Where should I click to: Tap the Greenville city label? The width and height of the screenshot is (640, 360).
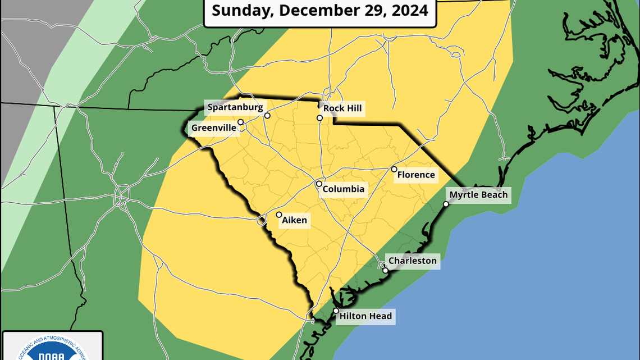pyautogui.click(x=213, y=128)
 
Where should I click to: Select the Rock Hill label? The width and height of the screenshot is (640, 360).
pyautogui.click(x=343, y=108)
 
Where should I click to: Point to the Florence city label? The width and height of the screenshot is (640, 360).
pyautogui.click(x=416, y=175)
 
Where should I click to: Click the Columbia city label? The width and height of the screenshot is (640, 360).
pyautogui.click(x=344, y=189)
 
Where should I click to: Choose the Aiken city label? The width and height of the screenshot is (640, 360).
pyautogui.click(x=295, y=220)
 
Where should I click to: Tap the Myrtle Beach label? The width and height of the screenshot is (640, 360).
pyautogui.click(x=478, y=195)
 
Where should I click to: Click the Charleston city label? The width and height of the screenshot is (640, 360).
pyautogui.click(x=413, y=261)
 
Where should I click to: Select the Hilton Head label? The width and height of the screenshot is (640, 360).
pyautogui.click(x=365, y=316)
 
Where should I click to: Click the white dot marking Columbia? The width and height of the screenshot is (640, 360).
pyautogui.click(x=319, y=184)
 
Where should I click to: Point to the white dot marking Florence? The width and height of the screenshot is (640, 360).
pyautogui.click(x=394, y=169)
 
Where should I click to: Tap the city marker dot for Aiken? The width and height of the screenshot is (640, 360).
pyautogui.click(x=279, y=215)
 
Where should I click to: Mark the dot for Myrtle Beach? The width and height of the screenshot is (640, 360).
pyautogui.click(x=446, y=204)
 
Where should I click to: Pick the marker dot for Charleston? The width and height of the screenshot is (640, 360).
pyautogui.click(x=386, y=271)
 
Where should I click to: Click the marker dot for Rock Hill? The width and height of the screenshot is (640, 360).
pyautogui.click(x=319, y=118)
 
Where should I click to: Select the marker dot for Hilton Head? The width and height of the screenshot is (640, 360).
pyautogui.click(x=336, y=311)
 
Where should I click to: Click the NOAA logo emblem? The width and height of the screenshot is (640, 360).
pyautogui.click(x=53, y=351)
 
